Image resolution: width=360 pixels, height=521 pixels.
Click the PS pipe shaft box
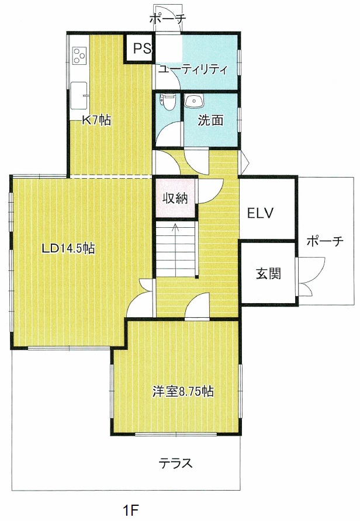(139, 48)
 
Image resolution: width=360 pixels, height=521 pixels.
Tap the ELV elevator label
(260, 213)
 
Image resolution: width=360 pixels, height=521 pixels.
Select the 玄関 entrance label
(269, 273)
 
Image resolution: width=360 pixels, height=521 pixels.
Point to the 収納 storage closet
(175, 198)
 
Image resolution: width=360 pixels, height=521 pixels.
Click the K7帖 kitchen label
(97, 120)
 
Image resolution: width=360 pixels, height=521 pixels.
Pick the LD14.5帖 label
(68, 248)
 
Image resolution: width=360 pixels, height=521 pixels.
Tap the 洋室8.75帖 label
(183, 391)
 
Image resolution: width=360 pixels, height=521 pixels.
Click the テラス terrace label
(175, 463)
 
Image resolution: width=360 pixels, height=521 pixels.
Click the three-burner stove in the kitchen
(80, 55)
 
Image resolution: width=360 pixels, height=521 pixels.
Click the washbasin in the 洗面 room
(194, 102)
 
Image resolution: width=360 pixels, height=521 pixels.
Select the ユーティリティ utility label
(193, 70)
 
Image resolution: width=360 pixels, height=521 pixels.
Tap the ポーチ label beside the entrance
(324, 241)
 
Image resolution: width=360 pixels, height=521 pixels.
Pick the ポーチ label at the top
(167, 19)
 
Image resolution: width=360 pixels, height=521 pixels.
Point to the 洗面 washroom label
(210, 120)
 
